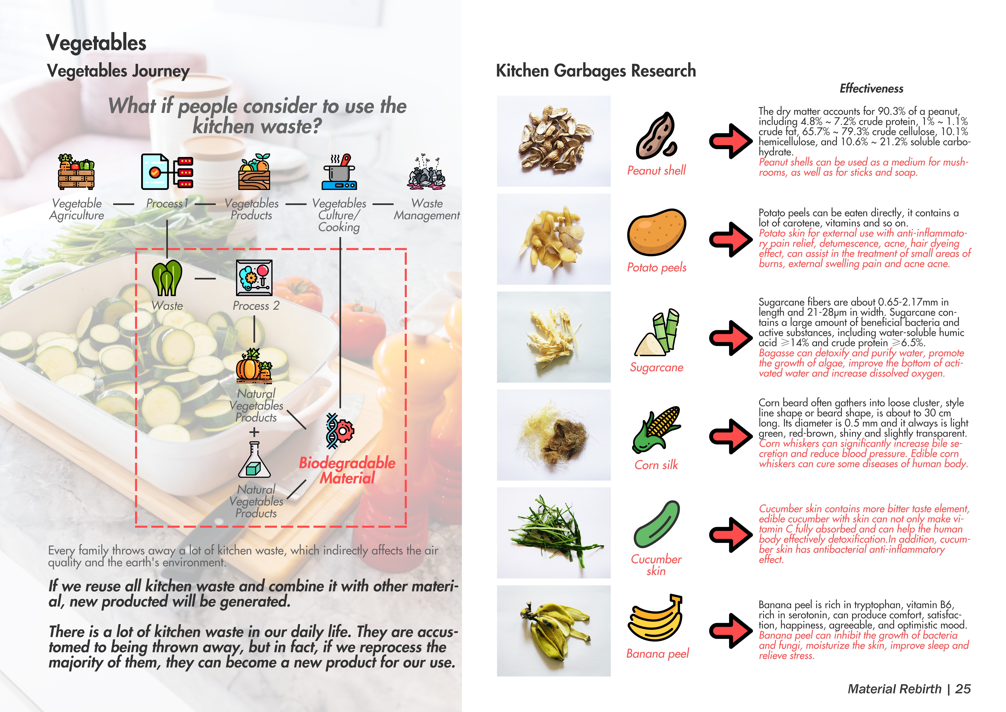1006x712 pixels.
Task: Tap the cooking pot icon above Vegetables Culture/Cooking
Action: [339, 172]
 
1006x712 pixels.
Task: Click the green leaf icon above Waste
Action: [167, 278]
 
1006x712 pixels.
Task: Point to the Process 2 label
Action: [256, 306]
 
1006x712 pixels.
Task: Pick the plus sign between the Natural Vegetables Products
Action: [254, 432]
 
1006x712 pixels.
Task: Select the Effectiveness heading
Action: [871, 88]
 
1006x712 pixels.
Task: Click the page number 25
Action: [963, 689]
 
